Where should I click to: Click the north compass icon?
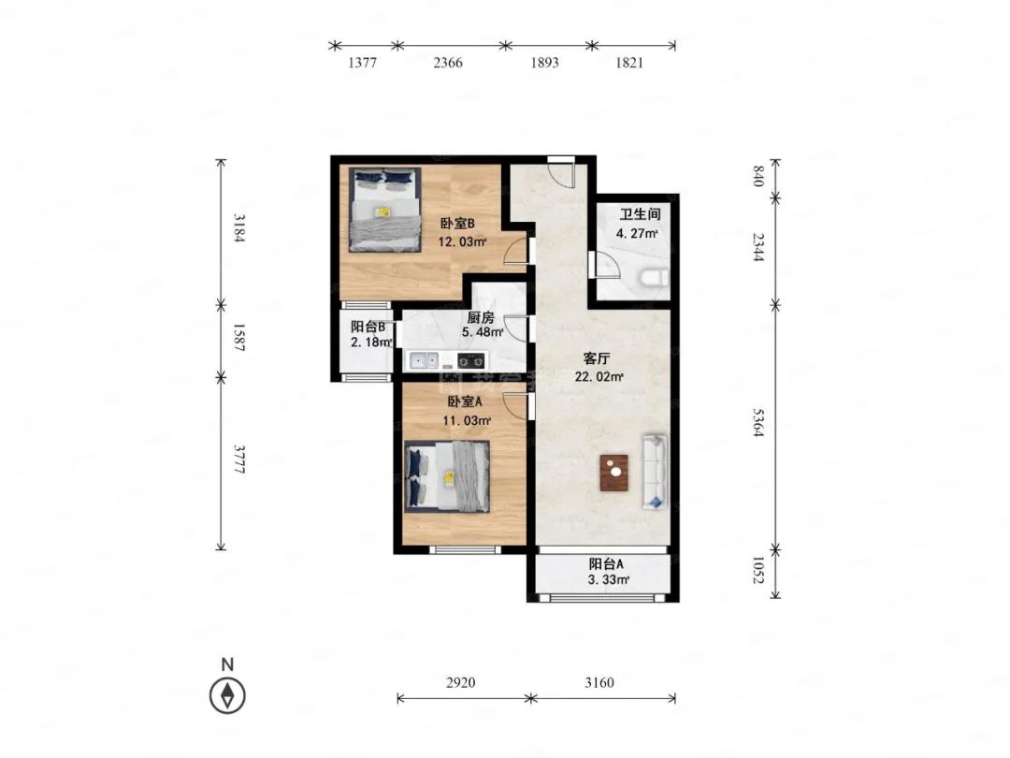[x=227, y=695]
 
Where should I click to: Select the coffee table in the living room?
[x=613, y=473]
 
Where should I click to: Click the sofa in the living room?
[x=655, y=472]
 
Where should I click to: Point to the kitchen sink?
[x=424, y=359]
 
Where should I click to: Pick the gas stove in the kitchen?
[x=470, y=360]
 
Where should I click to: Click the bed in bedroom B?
[x=385, y=210]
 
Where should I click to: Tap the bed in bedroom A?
[x=447, y=477]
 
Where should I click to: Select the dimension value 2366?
[x=448, y=63]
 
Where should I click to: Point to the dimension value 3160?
[x=599, y=682]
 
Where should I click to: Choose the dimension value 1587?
[x=238, y=338]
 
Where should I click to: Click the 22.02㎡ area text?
[x=599, y=376]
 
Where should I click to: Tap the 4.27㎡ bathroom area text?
[x=637, y=233]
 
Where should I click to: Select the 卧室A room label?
[x=465, y=401]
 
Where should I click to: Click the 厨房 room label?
[x=481, y=317]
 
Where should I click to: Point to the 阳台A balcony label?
[x=606, y=564]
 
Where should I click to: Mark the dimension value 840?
[x=758, y=176]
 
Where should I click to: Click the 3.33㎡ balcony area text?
[x=609, y=579]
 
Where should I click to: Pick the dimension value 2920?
[x=460, y=682]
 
